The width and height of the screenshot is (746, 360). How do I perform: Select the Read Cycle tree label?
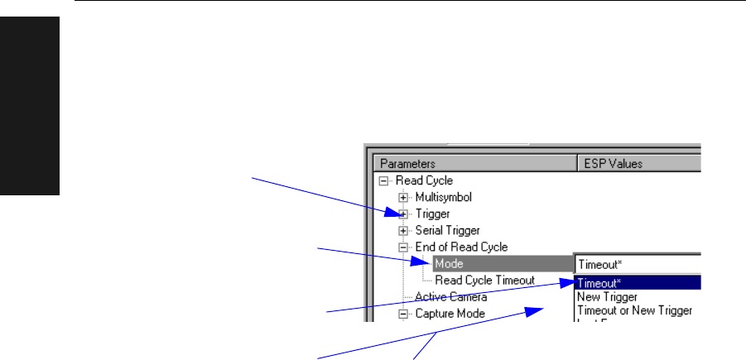[x=424, y=180]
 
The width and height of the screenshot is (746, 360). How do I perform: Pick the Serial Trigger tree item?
[x=447, y=230]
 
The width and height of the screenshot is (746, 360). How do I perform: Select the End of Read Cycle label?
[x=461, y=247]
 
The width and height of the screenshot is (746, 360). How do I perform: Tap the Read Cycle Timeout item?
[x=484, y=281]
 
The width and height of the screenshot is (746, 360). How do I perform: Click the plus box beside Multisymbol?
[x=403, y=197]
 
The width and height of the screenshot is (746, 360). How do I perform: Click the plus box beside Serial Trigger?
[x=403, y=230]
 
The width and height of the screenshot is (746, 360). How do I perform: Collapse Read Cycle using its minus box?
[x=383, y=180]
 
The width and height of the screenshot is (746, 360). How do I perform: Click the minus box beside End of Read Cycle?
[x=403, y=247]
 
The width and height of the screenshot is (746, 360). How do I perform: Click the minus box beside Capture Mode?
[x=403, y=314]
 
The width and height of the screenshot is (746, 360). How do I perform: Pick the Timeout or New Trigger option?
[x=633, y=311]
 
